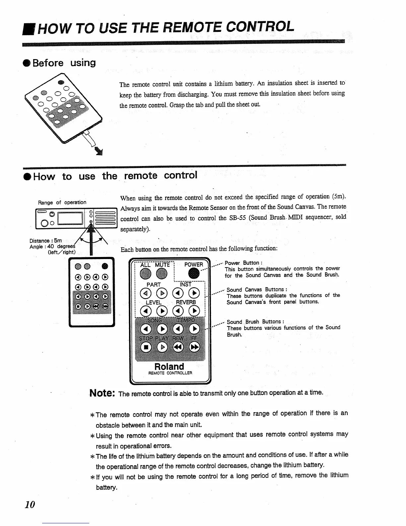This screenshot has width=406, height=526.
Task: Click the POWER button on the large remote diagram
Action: (x=194, y=274)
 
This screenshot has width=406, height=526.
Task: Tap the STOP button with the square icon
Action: (x=146, y=347)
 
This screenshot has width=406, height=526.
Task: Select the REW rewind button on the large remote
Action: (x=178, y=347)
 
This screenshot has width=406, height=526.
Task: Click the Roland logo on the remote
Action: (x=169, y=367)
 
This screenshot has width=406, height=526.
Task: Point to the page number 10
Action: (x=30, y=505)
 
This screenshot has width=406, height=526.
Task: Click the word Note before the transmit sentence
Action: (x=102, y=393)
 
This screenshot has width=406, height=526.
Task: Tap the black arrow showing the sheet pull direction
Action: (x=99, y=152)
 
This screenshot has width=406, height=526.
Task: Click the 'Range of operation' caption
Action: (x=62, y=202)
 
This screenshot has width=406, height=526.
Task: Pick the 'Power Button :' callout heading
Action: (x=243, y=263)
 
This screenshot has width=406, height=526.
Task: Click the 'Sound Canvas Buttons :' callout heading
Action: (x=257, y=290)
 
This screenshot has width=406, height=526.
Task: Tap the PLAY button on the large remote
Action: (x=162, y=347)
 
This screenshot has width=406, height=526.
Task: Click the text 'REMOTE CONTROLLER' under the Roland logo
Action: (x=170, y=373)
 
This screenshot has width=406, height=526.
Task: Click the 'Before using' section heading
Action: (x=64, y=63)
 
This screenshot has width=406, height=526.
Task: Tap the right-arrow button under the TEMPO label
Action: (x=194, y=329)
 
